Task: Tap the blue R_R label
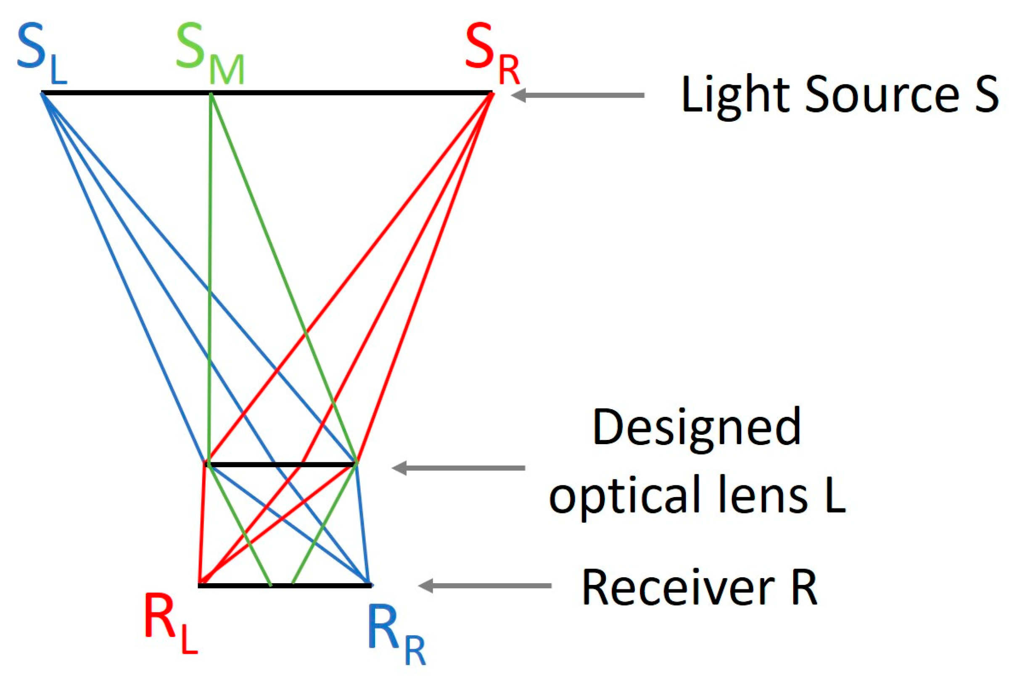pos(396,637)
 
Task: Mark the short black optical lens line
pos(282,465)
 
